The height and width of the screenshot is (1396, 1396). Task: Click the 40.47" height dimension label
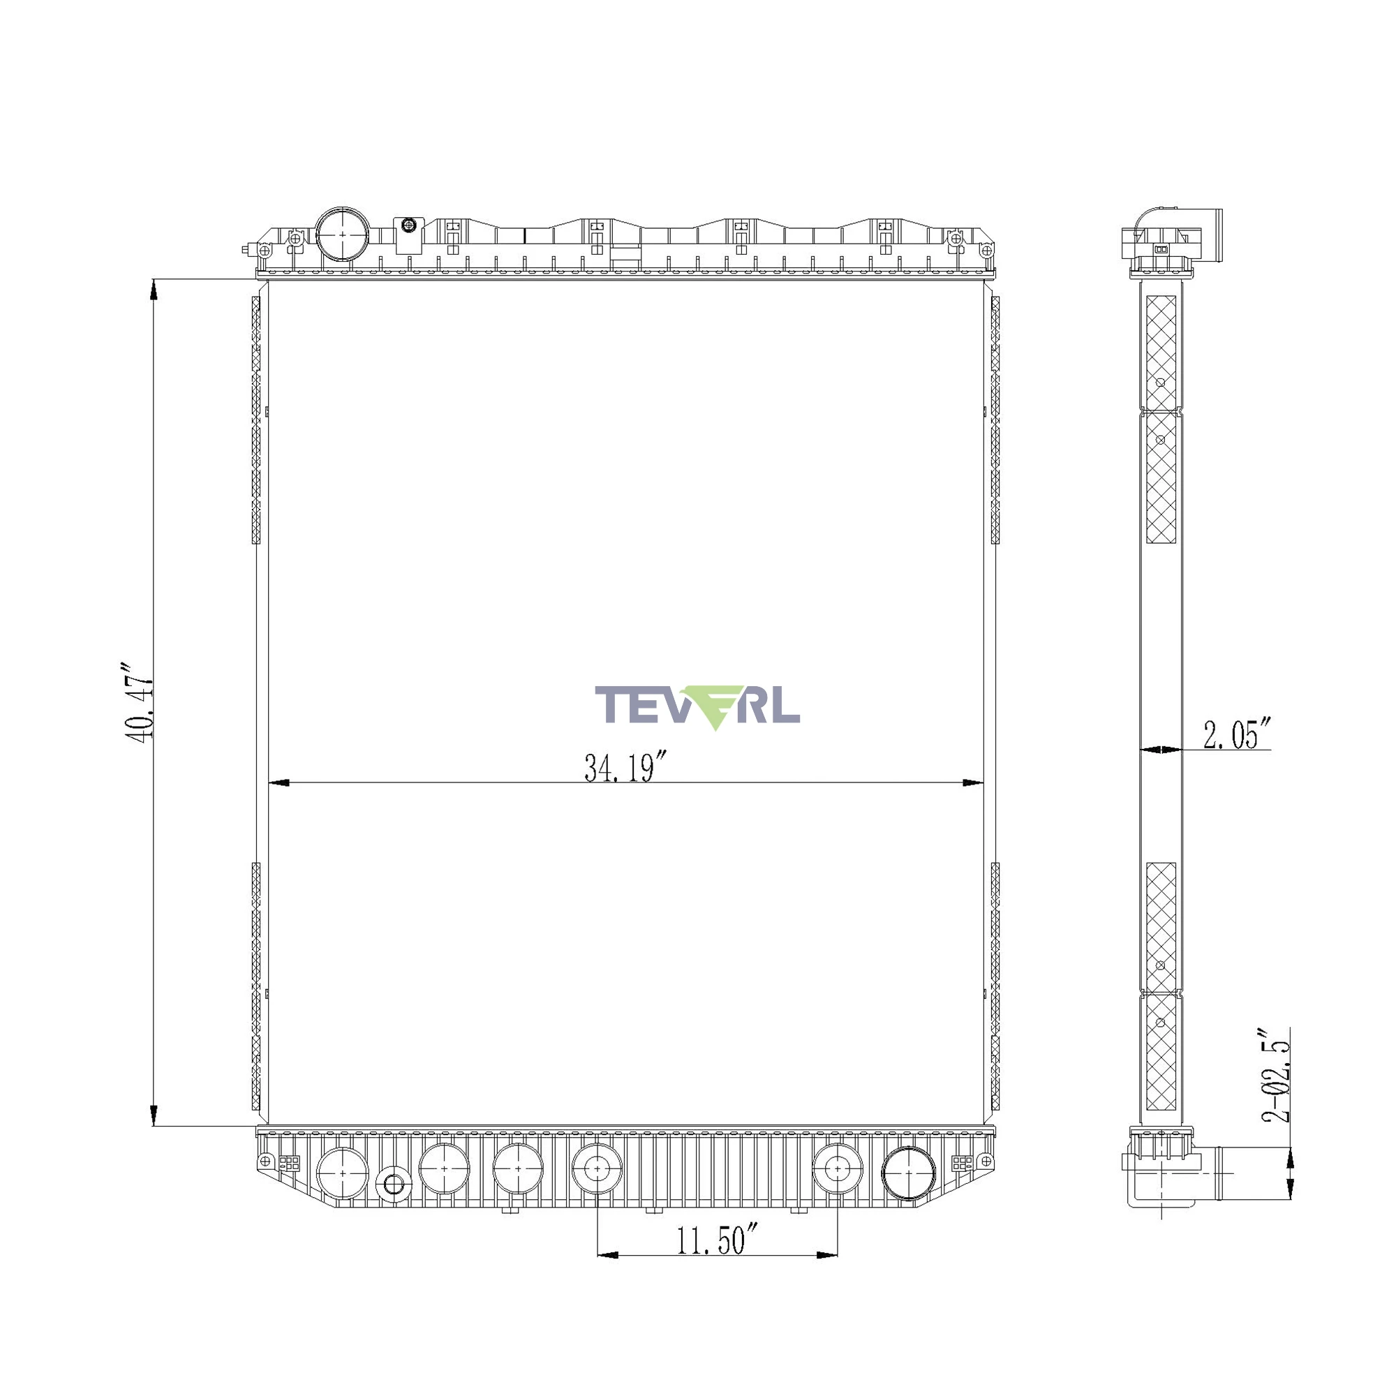coord(139,701)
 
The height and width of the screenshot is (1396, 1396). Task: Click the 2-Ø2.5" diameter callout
coord(1276,1074)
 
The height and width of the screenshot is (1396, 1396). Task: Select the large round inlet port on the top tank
coord(343,235)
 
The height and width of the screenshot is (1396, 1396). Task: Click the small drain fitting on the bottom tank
coord(394,1185)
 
